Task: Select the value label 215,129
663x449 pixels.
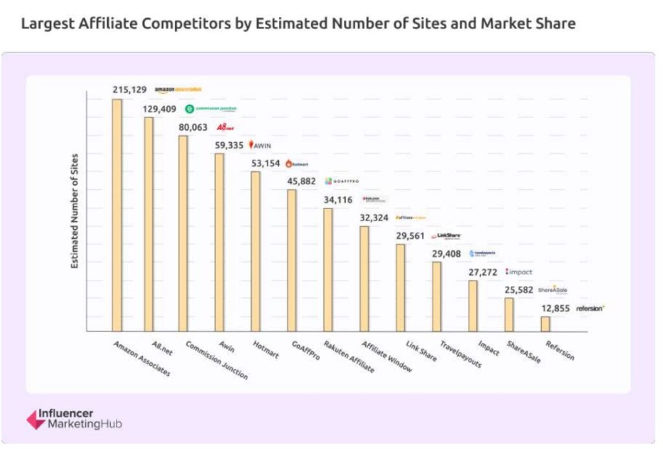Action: pyautogui.click(x=129, y=90)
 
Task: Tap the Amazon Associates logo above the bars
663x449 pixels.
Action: pyautogui.click(x=179, y=90)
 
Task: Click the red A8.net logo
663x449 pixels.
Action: pyautogui.click(x=225, y=127)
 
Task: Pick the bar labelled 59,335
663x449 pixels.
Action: pyautogui.click(x=219, y=242)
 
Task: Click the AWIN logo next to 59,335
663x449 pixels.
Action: pyautogui.click(x=260, y=146)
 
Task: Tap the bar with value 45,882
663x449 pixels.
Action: pyautogui.click(x=292, y=260)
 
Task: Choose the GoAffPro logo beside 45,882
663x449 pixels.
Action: pyautogui.click(x=341, y=182)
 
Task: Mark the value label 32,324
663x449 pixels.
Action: pyautogui.click(x=375, y=218)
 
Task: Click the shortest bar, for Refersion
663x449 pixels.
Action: pyautogui.click(x=545, y=323)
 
